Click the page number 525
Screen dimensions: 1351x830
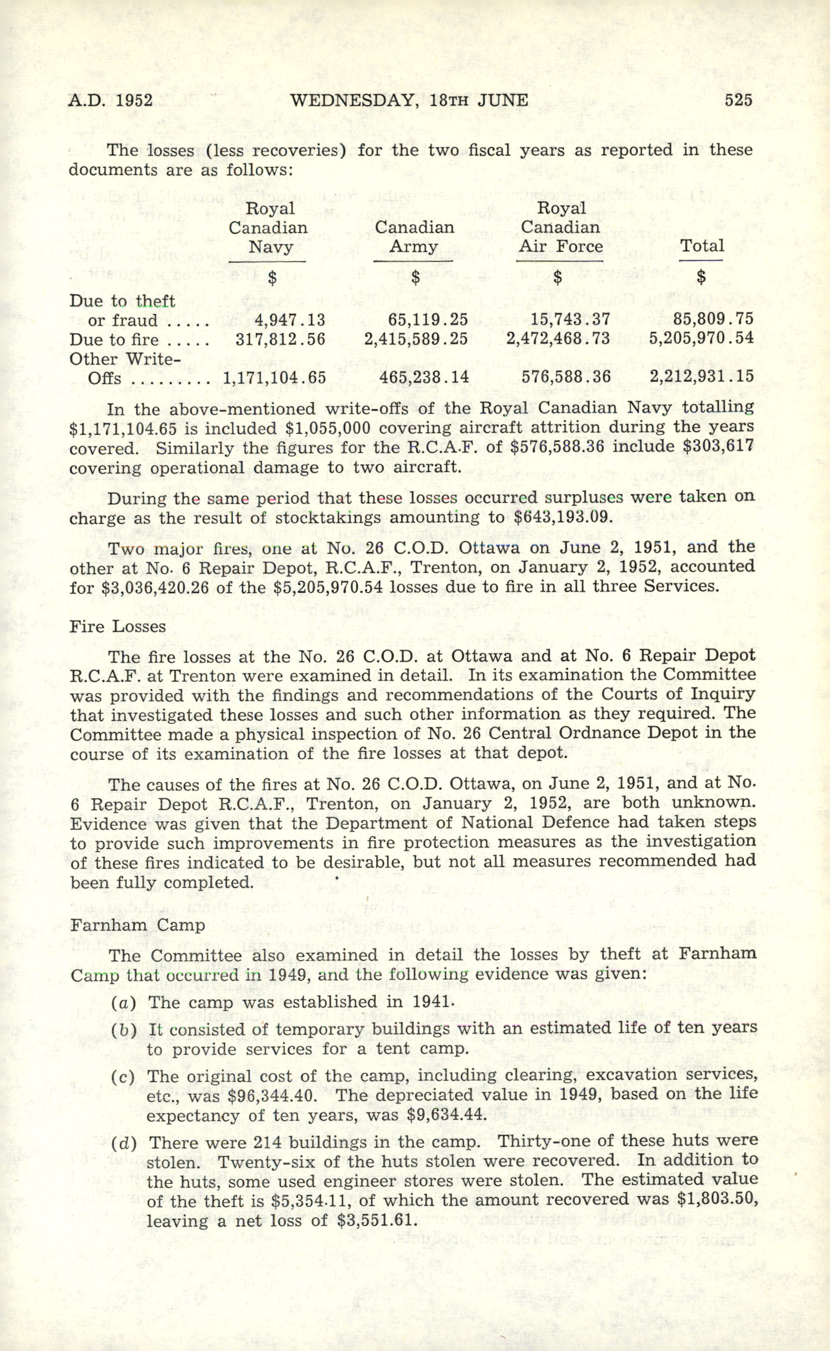coord(738,100)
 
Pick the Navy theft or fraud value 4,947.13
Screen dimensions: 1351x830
coord(290,320)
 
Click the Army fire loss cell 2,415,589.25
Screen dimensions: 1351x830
coord(416,339)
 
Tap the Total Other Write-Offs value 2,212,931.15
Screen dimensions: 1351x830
coord(701,377)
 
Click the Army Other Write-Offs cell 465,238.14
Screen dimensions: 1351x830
coord(424,377)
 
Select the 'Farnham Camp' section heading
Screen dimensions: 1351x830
coord(137,925)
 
